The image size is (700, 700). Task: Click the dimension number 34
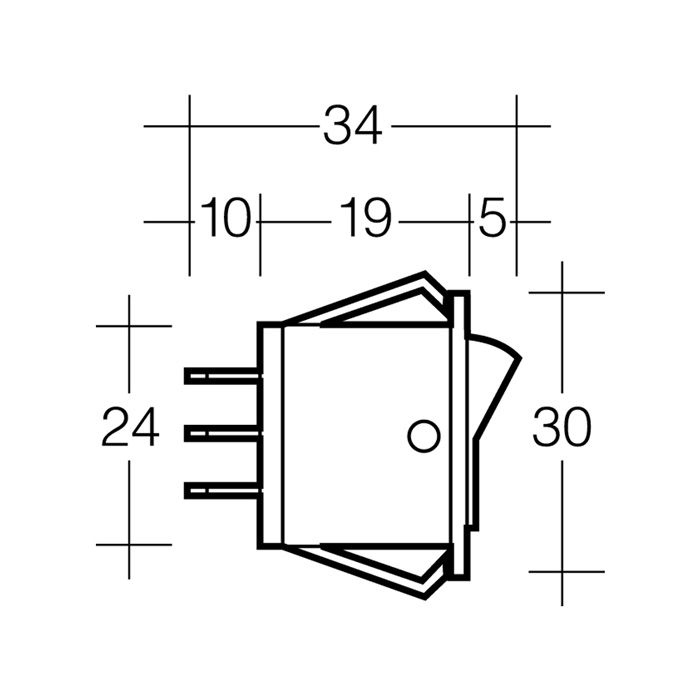(353, 126)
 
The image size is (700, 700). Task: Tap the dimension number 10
(224, 218)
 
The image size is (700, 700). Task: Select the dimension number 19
(365, 218)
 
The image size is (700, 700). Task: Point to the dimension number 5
(492, 218)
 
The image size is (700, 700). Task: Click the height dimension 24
(130, 427)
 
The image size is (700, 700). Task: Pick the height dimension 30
(562, 427)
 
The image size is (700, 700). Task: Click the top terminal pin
(223, 376)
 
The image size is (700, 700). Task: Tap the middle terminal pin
(223, 433)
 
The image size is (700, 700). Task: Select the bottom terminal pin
(223, 490)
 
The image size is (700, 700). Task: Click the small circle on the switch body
(424, 436)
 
